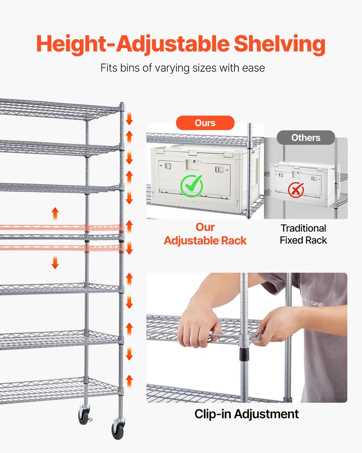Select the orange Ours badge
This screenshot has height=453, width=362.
coord(205,123)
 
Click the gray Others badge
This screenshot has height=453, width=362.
coord(305,137)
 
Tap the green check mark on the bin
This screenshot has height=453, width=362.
coord(192,185)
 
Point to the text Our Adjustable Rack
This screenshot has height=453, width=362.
coord(205,234)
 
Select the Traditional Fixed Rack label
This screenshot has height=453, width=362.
coord(303,234)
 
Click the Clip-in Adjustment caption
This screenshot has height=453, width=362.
coord(247,414)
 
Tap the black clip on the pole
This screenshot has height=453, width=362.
coord(244,352)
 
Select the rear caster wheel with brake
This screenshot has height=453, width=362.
coord(84,414)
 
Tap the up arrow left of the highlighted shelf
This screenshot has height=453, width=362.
coord(55,212)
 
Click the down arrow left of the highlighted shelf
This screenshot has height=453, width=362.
coord(55,262)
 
